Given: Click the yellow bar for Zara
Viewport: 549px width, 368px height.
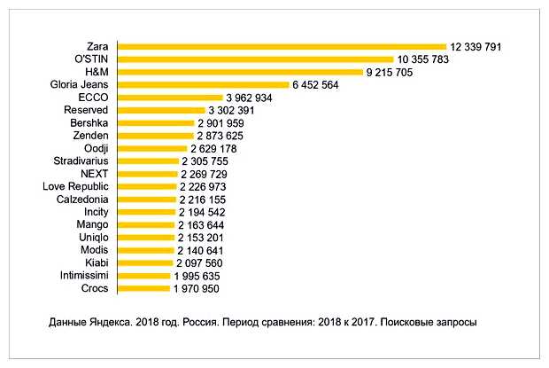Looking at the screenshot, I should click(x=282, y=46).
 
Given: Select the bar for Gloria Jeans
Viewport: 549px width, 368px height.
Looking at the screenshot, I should click(x=204, y=84).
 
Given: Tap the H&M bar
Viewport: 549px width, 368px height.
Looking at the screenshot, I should click(x=240, y=72).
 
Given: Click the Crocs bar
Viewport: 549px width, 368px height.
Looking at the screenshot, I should click(x=143, y=289).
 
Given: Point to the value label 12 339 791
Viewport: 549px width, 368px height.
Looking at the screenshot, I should click(x=476, y=46).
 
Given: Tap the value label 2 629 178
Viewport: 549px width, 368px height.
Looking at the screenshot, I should click(x=218, y=148).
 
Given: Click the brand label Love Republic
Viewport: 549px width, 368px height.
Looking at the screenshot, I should click(x=75, y=187).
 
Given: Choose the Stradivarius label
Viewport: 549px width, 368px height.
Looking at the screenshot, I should click(x=81, y=161).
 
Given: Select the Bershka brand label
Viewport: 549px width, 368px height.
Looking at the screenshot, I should click(x=89, y=123).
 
